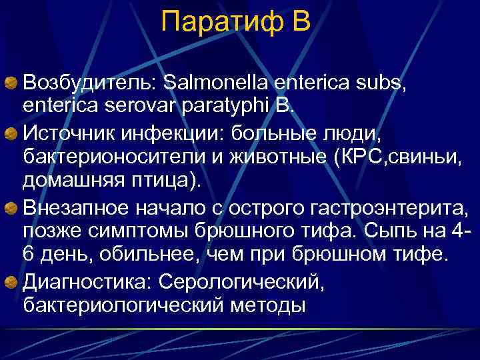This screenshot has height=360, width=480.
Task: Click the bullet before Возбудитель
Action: click(11, 83)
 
